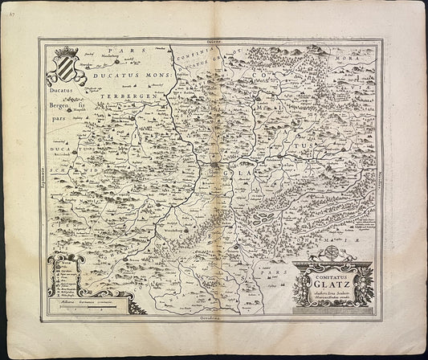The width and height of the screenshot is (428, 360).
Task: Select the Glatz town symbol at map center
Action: point(218,167)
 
